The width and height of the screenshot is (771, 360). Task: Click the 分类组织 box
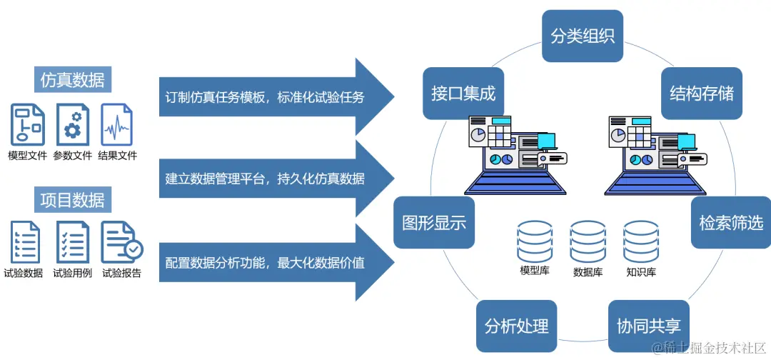point(583,36)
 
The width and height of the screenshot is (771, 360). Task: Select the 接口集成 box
point(463,94)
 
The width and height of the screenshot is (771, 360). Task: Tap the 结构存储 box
point(701,94)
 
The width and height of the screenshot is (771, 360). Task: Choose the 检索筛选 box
point(730,222)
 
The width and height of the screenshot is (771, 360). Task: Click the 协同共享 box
point(648,326)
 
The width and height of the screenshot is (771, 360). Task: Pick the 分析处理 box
point(516,326)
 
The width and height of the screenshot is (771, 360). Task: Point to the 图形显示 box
point(434,222)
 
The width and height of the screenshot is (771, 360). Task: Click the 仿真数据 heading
point(72,80)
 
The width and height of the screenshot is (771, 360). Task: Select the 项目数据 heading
point(72,200)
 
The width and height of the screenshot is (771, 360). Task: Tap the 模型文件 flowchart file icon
point(28,124)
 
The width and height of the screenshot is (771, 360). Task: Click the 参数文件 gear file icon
point(72,124)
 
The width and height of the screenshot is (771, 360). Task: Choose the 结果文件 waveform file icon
point(116,124)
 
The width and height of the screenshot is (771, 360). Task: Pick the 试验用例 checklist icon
point(72,242)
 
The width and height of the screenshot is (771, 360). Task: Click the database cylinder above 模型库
point(535,241)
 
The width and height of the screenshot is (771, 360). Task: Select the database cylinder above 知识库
point(640,241)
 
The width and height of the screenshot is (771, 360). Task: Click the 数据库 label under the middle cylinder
point(588,272)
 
